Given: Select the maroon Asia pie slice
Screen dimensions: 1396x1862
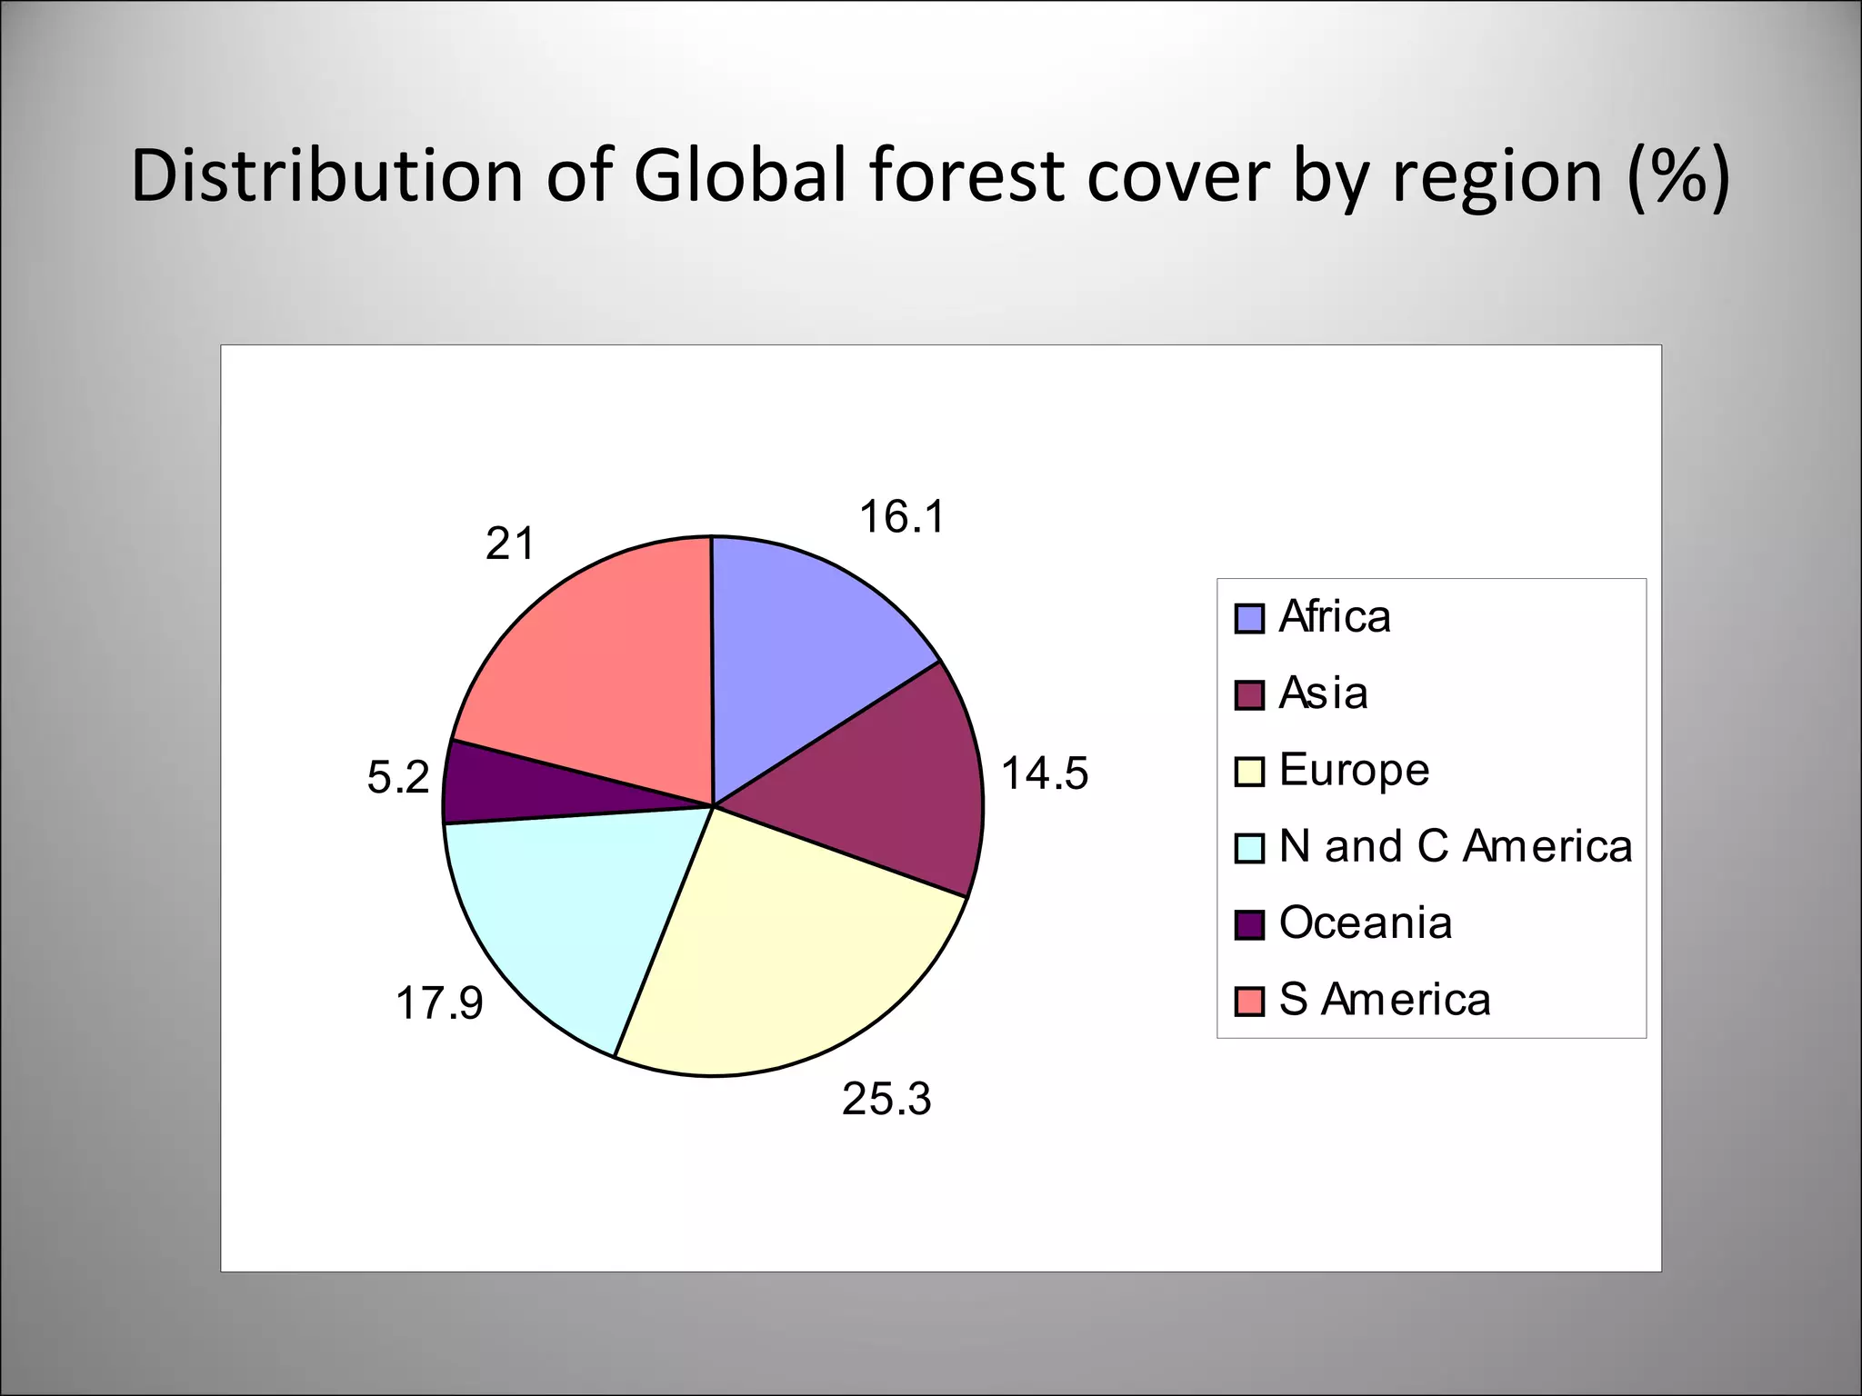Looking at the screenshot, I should click(882, 791).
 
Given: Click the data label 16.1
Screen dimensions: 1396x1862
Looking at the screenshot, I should click(902, 517).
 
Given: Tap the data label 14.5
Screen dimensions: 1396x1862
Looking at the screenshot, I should click(1044, 774).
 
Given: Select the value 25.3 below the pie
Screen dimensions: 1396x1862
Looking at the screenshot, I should click(886, 1099).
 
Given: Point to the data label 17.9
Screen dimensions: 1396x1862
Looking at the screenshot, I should click(439, 1003).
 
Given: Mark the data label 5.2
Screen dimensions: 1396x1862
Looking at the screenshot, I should click(397, 778).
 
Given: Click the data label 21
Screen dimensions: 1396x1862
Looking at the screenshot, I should click(509, 543).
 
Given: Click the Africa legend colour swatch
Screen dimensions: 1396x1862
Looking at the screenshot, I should click(1249, 619).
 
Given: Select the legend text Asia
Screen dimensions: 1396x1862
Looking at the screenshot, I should click(1323, 693).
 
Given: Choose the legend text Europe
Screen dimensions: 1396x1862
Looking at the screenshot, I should click(1354, 770).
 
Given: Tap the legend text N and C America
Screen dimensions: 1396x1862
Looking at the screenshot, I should click(1455, 846).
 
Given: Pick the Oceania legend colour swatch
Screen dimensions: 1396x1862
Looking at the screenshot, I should click(1249, 925).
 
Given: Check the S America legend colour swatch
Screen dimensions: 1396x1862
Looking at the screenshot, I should click(1249, 1002).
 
